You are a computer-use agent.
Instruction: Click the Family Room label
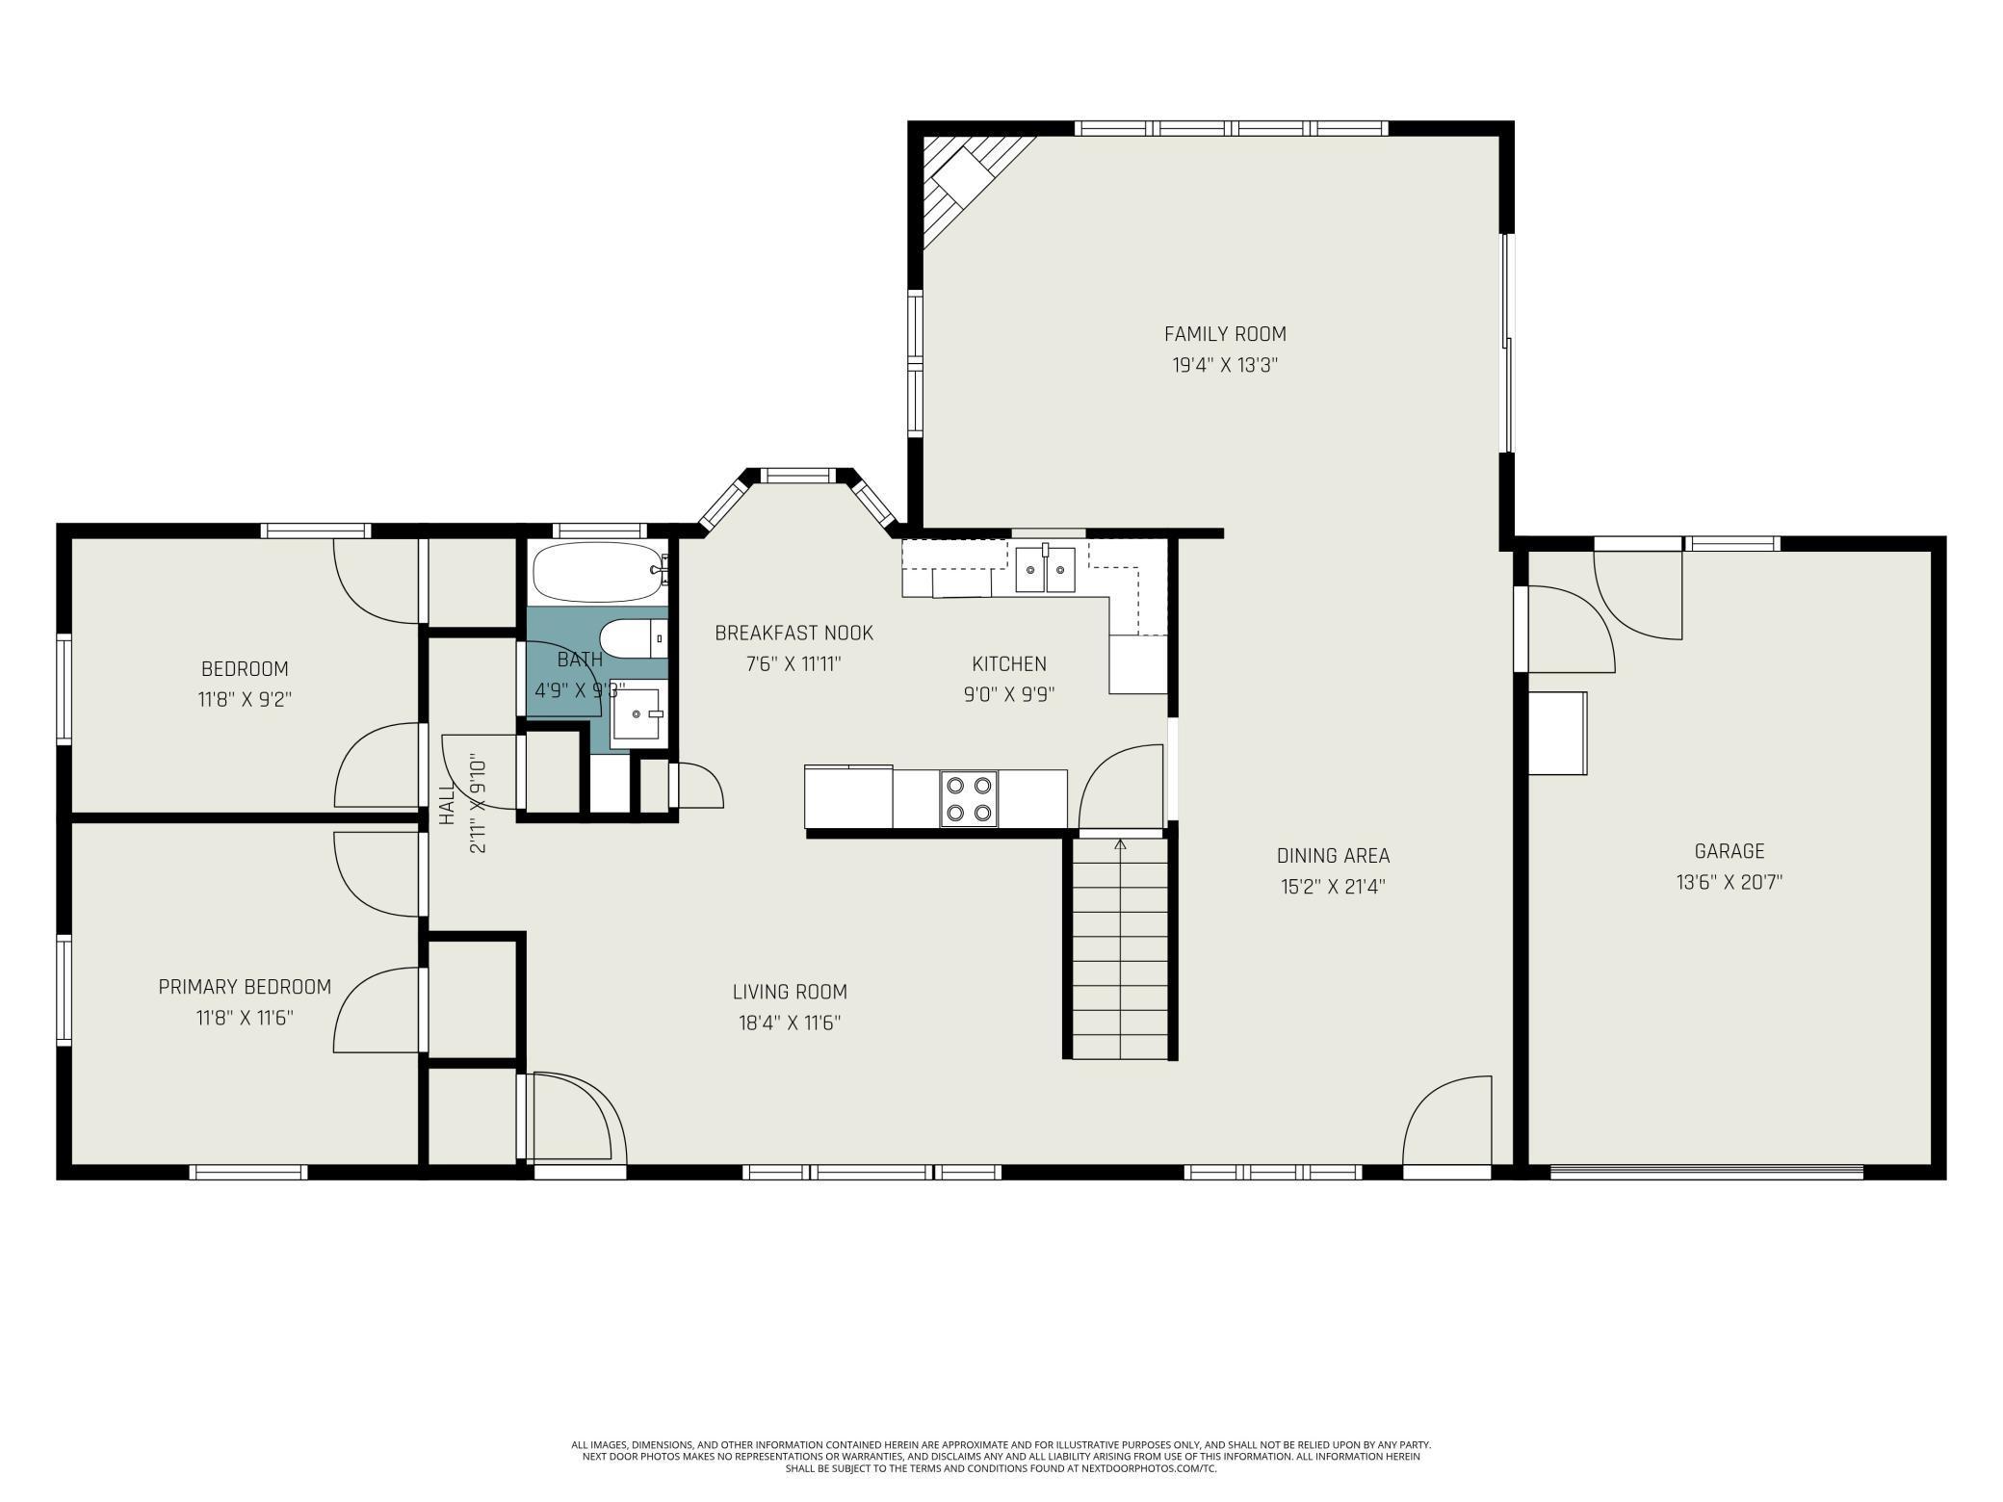coord(1225,334)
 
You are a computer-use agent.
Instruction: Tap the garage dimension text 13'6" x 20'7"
coord(1730,882)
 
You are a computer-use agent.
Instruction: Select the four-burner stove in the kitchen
coord(969,799)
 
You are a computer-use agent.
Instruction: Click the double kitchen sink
coord(1045,569)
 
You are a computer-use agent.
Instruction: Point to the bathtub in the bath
coord(597,572)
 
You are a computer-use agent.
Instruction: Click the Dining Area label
coord(1333,856)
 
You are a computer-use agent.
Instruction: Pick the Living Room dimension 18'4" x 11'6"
coord(790,1023)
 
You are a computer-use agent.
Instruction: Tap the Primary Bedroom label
coord(245,987)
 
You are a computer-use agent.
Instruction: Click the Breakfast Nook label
coord(793,634)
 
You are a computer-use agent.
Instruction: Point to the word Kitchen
coord(1009,663)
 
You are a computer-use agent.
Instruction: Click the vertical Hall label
coord(447,805)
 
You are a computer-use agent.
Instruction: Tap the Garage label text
coord(1730,851)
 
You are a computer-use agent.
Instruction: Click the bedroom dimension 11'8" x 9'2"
coord(245,699)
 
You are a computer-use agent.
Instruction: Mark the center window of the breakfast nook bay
coord(798,475)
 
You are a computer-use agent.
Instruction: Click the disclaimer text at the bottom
coord(1001,1456)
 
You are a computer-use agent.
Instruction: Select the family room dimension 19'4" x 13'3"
coord(1225,366)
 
